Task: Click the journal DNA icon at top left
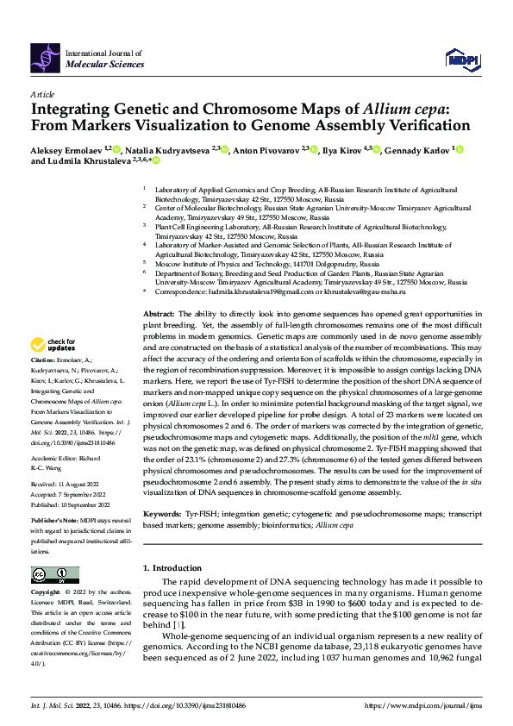tap(45, 57)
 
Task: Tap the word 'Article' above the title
tap(42, 94)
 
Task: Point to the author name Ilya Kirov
tap(342, 150)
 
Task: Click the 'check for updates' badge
tap(53, 346)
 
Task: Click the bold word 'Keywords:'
tap(162, 511)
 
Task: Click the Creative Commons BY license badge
tap(55, 574)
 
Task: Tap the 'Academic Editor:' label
tap(53, 460)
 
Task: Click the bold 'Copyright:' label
tap(45, 593)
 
